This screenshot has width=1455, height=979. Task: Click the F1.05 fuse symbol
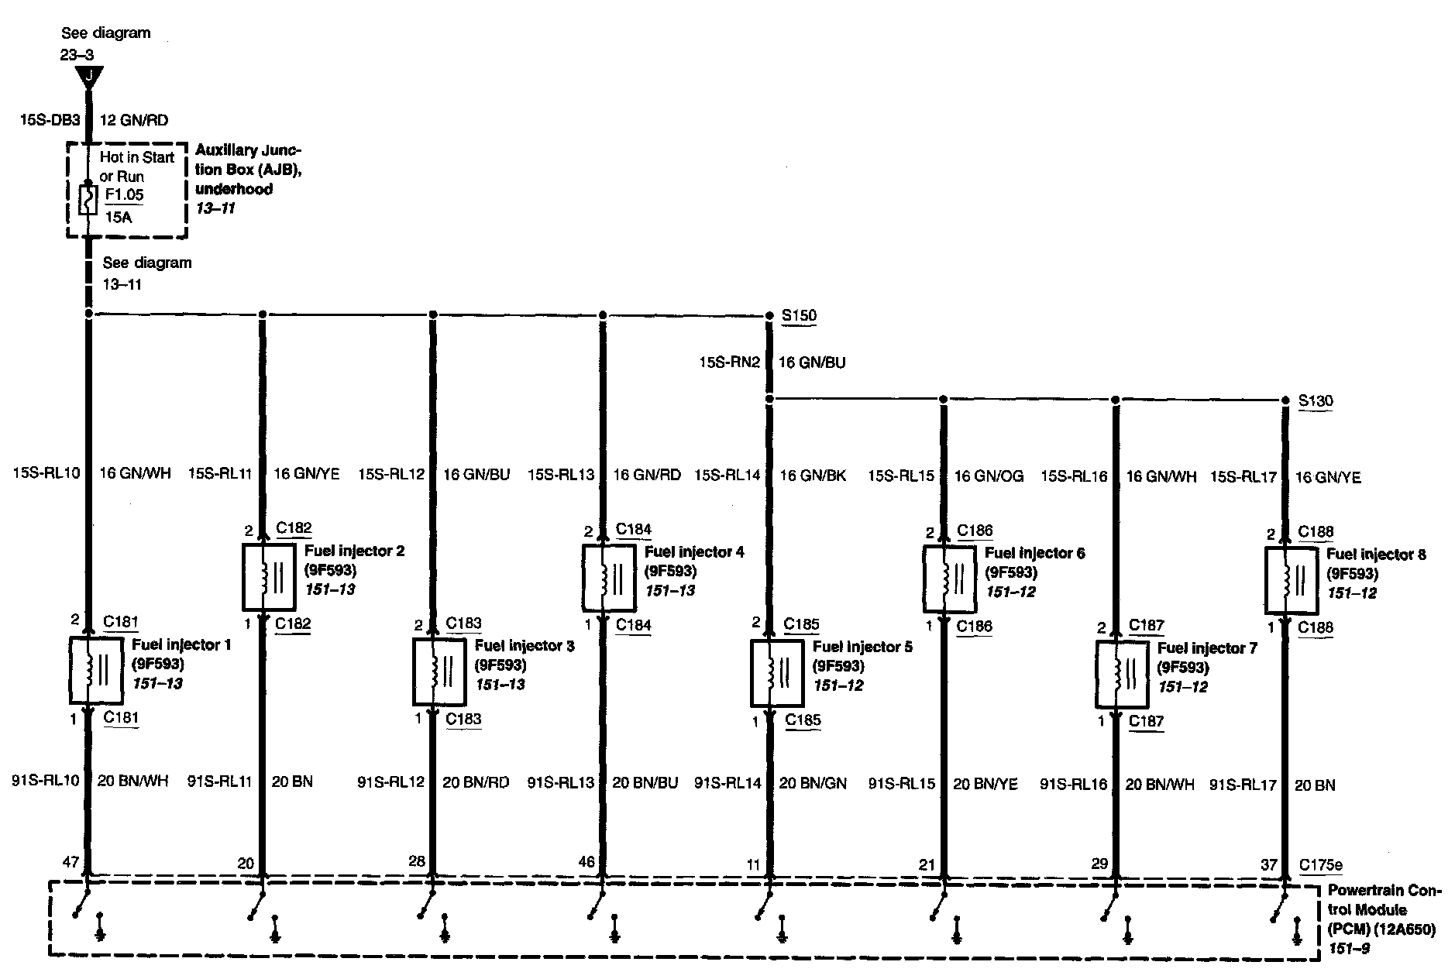(x=88, y=200)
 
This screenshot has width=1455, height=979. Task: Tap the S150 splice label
(x=798, y=316)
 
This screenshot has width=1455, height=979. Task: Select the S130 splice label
(x=1316, y=400)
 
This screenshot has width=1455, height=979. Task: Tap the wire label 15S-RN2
(x=730, y=362)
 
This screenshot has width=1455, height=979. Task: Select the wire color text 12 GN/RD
(x=133, y=120)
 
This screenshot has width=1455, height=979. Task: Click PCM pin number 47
(x=71, y=862)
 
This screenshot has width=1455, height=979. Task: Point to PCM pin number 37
(x=1268, y=865)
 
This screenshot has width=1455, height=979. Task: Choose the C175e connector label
(x=1321, y=865)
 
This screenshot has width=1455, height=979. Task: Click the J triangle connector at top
(x=90, y=77)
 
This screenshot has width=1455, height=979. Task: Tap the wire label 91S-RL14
(x=728, y=783)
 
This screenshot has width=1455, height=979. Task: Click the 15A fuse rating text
(x=118, y=218)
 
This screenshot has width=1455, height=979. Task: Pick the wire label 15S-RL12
(x=391, y=474)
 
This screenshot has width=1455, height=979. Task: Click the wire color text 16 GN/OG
(x=988, y=476)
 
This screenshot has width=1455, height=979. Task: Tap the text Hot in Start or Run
(x=136, y=167)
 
